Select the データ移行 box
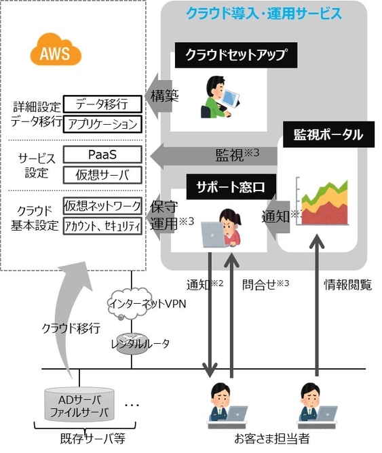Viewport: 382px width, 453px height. (103, 103)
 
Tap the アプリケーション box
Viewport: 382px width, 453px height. (103, 123)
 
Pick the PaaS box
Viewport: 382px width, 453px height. (103, 154)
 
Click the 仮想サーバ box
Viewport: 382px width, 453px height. (103, 174)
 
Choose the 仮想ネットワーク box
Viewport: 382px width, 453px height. (103, 205)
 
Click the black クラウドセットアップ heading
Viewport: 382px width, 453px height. (235, 55)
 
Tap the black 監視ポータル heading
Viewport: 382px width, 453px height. (328, 134)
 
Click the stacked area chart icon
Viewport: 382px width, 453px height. (325, 202)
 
